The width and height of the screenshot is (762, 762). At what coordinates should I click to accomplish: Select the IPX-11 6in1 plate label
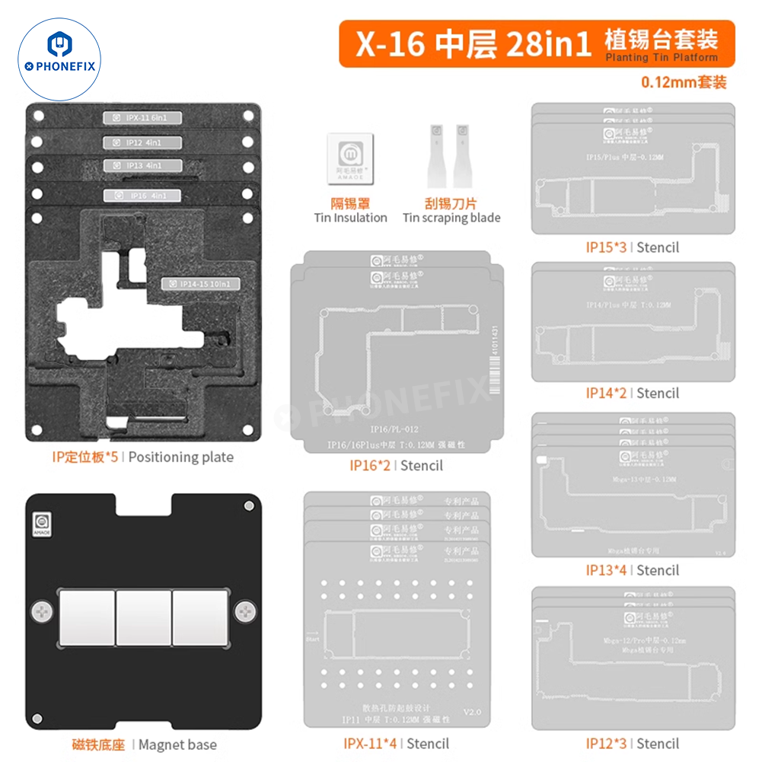tap(142, 117)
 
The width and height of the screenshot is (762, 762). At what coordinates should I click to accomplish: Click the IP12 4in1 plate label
tap(142, 142)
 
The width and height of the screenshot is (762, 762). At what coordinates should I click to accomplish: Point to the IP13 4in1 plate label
tap(142, 165)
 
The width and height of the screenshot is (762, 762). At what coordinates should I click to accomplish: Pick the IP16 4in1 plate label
tap(142, 196)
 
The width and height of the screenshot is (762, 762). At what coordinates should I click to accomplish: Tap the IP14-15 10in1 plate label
tap(201, 284)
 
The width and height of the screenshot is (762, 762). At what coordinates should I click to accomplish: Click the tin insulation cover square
tap(350, 161)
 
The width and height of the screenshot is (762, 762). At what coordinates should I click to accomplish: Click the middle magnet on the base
tap(143, 609)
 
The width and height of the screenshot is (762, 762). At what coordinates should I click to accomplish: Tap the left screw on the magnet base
tap(43, 610)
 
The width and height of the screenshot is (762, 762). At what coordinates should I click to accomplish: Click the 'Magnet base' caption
tap(177, 744)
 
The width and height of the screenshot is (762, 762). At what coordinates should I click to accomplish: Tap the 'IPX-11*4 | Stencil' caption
tap(396, 743)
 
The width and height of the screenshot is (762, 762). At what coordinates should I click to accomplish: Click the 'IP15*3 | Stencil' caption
tap(632, 247)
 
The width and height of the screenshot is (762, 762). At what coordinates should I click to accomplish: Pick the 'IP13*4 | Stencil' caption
tap(632, 570)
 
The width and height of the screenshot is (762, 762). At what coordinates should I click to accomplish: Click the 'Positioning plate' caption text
tap(182, 457)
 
